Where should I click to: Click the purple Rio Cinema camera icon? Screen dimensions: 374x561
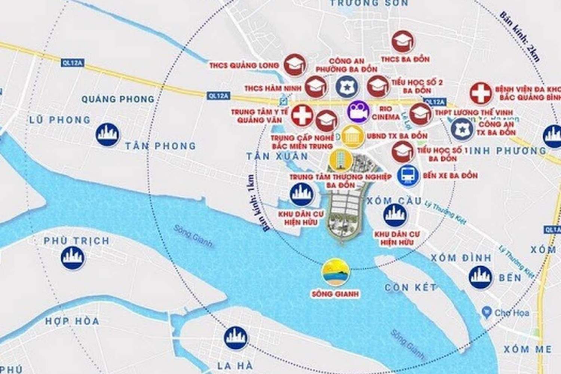pyautogui.click(x=358, y=111)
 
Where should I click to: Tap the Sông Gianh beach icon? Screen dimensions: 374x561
pyautogui.click(x=336, y=272)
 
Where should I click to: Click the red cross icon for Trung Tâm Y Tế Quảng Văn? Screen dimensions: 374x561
pyautogui.click(x=302, y=115)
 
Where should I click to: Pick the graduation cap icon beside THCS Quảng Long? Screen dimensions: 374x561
pyautogui.click(x=295, y=65)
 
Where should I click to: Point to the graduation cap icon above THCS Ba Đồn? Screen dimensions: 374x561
pyautogui.click(x=403, y=42)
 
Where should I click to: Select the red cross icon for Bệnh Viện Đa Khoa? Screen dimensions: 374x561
pyautogui.click(x=481, y=93)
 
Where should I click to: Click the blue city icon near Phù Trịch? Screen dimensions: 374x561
pyautogui.click(x=73, y=257)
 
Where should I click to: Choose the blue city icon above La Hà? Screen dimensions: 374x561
pyautogui.click(x=236, y=338)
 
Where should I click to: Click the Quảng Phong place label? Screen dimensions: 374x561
pyautogui.click(x=118, y=99)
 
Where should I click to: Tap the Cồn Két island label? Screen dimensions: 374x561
pyautogui.click(x=411, y=287)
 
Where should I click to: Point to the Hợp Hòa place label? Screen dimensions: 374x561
pyautogui.click(x=72, y=321)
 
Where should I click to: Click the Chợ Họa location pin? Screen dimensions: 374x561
pyautogui.click(x=487, y=312)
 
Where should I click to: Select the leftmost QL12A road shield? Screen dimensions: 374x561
pyautogui.click(x=72, y=63)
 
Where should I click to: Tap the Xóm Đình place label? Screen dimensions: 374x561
pyautogui.click(x=461, y=258)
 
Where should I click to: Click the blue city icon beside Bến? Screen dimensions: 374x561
pyautogui.click(x=480, y=277)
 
